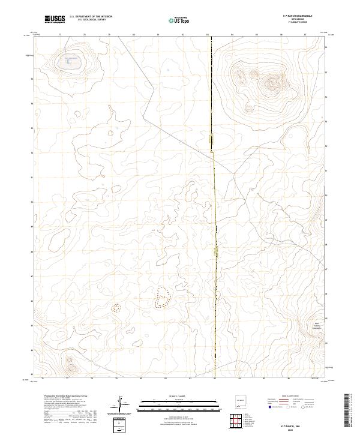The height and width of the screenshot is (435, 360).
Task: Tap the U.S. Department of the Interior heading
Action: point(91,17)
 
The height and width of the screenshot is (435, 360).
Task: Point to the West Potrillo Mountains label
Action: point(316,326)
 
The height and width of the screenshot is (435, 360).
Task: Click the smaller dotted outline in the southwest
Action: point(116,308)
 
